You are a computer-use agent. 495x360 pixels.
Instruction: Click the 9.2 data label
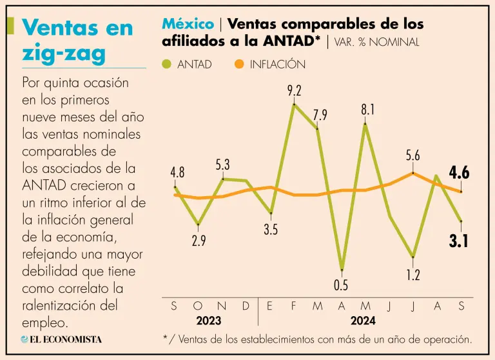(295, 91)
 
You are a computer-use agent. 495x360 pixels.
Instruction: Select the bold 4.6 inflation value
(459, 173)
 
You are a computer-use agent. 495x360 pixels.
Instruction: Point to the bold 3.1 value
(458, 242)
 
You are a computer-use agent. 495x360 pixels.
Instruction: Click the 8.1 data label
(367, 110)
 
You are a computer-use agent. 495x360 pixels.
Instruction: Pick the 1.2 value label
(413, 275)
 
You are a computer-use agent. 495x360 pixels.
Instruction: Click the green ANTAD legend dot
(167, 65)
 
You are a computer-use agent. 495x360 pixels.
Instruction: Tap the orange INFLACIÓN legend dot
(240, 65)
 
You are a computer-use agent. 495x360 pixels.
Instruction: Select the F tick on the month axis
(294, 306)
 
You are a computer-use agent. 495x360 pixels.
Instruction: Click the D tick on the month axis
(246, 306)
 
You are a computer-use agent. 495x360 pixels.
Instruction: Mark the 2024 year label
(363, 321)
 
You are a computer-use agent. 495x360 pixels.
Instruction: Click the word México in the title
(188, 24)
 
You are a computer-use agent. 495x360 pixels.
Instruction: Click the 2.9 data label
(199, 241)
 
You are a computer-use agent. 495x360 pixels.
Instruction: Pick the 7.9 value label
(320, 115)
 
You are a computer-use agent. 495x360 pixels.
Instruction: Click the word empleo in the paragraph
(46, 321)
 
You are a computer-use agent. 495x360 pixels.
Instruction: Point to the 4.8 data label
(177, 173)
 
